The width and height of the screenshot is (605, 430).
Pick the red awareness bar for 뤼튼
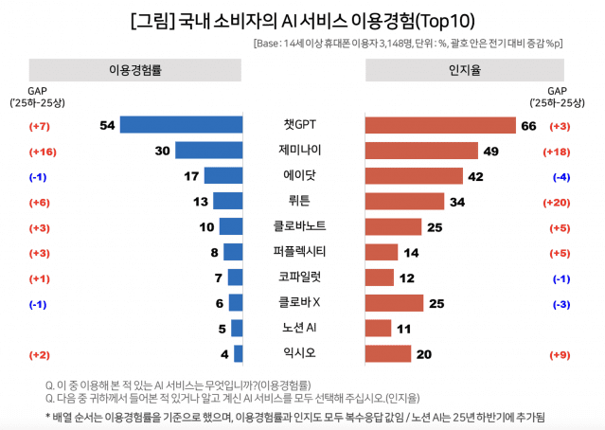(x=404, y=201)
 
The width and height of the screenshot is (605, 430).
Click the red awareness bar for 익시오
(x=388, y=353)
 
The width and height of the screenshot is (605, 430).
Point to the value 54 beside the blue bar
(x=106, y=125)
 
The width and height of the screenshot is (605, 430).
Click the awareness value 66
(x=528, y=125)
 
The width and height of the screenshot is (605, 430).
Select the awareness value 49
(x=490, y=151)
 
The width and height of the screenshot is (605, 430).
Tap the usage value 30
(x=160, y=151)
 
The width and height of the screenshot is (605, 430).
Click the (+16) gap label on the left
(x=44, y=151)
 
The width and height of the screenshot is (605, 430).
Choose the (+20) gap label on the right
(x=559, y=202)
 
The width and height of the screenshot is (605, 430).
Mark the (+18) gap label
(x=559, y=151)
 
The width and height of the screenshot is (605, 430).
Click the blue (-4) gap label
(x=559, y=176)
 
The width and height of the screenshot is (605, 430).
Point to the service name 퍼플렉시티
(x=302, y=252)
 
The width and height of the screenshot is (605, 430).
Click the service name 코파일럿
(x=302, y=278)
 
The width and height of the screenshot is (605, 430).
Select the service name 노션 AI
(x=302, y=328)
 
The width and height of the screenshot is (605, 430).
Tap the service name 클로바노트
(x=302, y=226)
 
